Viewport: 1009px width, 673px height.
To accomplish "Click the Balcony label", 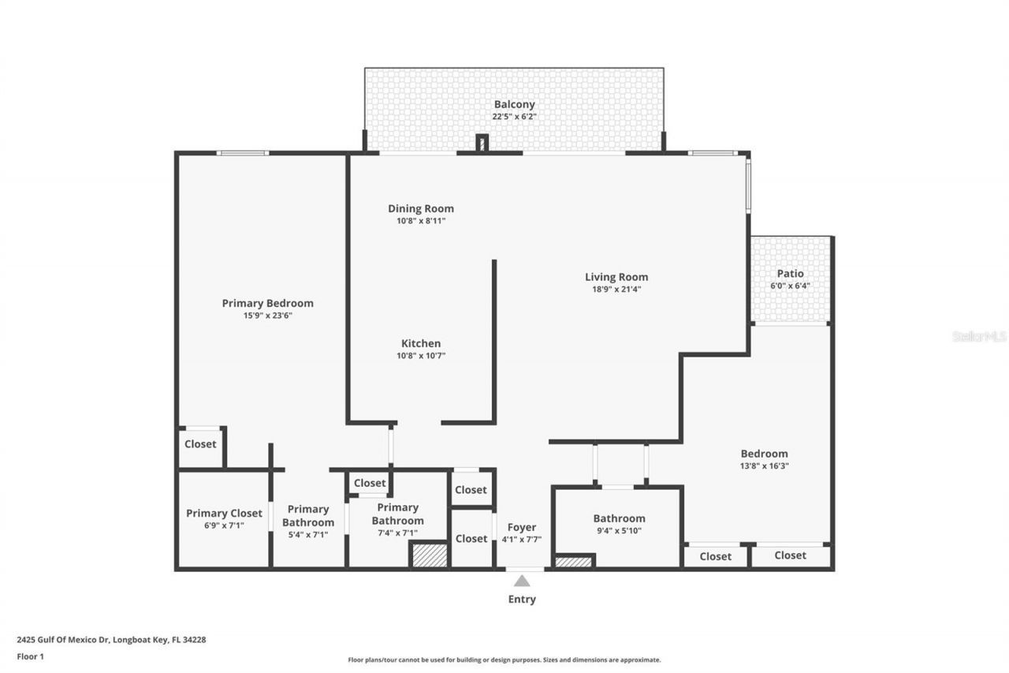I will pyautogui.click(x=514, y=104).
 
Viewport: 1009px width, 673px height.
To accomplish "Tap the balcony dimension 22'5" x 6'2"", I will pyautogui.click(x=514, y=117).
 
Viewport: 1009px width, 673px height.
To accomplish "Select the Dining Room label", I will pyautogui.click(x=420, y=209).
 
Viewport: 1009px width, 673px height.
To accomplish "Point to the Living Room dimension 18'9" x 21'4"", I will pyautogui.click(x=616, y=289).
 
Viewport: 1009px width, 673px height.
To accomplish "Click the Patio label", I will pyautogui.click(x=790, y=274).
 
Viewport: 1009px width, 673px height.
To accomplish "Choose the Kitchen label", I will pyautogui.click(x=421, y=343).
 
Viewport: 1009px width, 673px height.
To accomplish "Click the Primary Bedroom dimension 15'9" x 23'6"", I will pyautogui.click(x=267, y=316).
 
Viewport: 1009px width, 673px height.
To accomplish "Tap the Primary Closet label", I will pyautogui.click(x=224, y=514).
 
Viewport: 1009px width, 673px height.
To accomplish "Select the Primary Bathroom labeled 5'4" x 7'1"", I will pyautogui.click(x=307, y=515).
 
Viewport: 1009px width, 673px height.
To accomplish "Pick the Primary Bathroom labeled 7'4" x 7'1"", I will pyautogui.click(x=397, y=514).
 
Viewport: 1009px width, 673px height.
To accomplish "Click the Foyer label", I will pyautogui.click(x=521, y=527).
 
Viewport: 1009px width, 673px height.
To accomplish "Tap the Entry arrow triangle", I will pyautogui.click(x=522, y=581).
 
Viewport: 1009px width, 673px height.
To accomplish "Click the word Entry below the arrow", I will pyautogui.click(x=522, y=600).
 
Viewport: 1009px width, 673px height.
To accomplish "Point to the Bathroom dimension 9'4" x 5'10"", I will pyautogui.click(x=619, y=531).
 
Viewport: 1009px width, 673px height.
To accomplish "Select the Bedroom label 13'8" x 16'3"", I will pyautogui.click(x=764, y=454).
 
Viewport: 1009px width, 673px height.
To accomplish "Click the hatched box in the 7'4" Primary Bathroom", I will pyautogui.click(x=430, y=555).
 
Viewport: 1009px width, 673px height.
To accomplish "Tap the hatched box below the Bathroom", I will pyautogui.click(x=573, y=562).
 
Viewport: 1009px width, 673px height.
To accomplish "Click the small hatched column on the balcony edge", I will pyautogui.click(x=482, y=144).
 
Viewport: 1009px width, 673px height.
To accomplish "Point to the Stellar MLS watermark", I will pyautogui.click(x=979, y=336).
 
